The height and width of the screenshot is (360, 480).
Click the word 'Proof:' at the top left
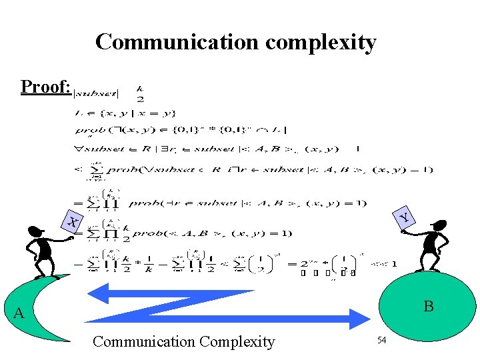45,87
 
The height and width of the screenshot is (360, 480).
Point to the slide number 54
382,341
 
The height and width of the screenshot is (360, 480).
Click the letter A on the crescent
19,313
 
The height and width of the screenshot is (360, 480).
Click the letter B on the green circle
429,307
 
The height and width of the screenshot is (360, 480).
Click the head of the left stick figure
35,233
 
